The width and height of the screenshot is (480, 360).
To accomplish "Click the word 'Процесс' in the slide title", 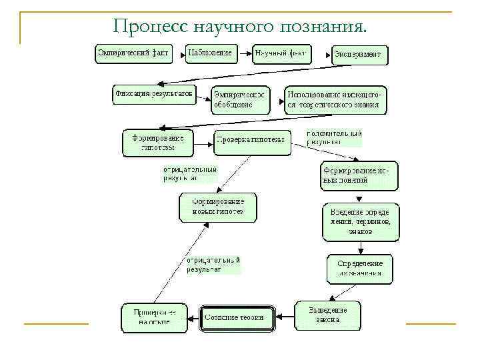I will (x=150, y=26).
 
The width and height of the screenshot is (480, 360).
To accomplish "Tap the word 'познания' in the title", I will (x=325, y=27).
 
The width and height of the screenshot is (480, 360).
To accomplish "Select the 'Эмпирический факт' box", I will (x=134, y=53).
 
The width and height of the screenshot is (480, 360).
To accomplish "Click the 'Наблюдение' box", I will (x=211, y=53).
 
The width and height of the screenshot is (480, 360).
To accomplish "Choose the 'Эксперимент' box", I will (x=359, y=54).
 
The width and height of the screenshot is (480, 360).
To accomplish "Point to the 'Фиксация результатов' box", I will (x=154, y=95).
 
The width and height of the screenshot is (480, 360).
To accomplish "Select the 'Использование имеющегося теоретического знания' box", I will (x=335, y=99).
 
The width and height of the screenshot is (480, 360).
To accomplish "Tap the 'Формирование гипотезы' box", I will (x=157, y=143).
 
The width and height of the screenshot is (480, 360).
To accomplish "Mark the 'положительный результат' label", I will (x=334, y=137).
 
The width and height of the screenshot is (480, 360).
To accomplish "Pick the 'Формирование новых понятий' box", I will (x=359, y=175).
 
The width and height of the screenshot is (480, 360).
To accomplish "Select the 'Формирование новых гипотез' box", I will (x=217, y=207).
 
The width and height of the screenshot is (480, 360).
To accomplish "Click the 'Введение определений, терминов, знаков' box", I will (x=361, y=221).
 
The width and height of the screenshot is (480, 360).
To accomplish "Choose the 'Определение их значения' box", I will (x=360, y=268).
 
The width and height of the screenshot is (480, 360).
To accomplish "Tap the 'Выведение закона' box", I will (x=328, y=315).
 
